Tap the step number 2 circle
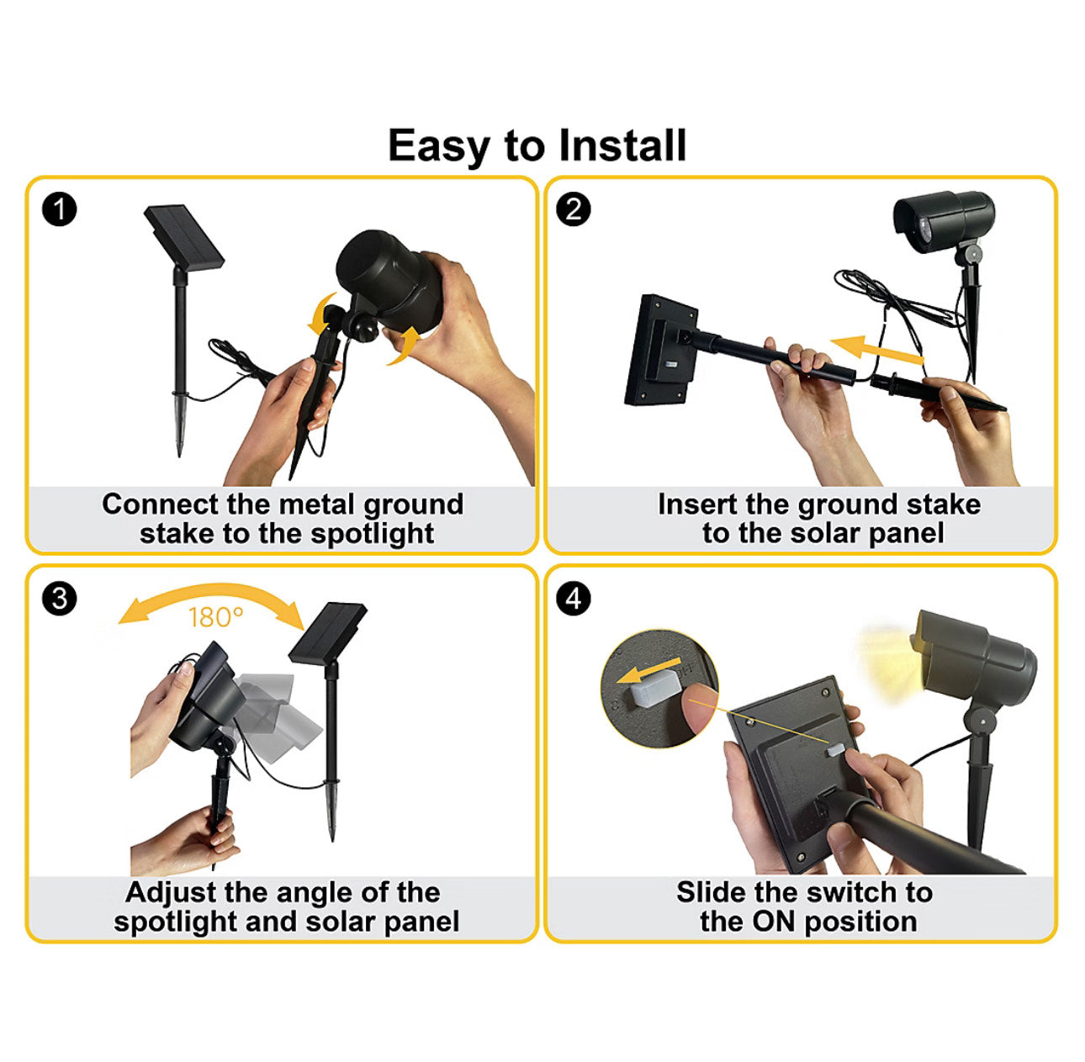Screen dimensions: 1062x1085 574,209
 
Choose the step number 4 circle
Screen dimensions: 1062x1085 574,599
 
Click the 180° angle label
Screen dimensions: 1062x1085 215,618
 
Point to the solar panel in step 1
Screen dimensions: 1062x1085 184,236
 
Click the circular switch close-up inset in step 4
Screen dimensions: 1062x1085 659,687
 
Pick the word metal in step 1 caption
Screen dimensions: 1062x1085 317,504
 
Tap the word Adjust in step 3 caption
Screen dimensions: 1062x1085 172,892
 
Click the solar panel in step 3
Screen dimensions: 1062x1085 328,631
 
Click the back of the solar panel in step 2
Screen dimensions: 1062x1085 661,350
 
